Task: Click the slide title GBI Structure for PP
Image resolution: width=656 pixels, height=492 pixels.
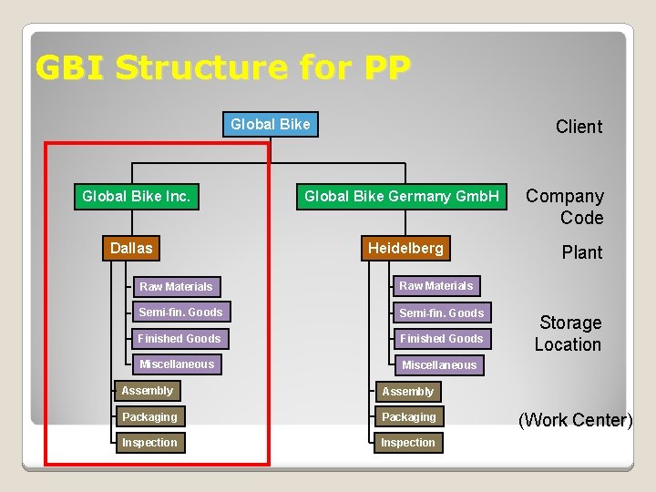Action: (222, 67)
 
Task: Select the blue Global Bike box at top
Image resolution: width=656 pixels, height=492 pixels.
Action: (271, 124)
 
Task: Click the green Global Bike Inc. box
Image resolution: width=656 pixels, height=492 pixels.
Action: (137, 196)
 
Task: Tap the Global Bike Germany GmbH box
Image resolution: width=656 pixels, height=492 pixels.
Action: (402, 196)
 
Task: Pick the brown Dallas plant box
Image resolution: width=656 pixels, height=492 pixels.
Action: (132, 248)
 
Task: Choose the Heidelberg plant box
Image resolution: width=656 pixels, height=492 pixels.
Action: (405, 248)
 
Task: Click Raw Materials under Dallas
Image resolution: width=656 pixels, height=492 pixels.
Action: (176, 286)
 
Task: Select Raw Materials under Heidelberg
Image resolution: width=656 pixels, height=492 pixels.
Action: (436, 286)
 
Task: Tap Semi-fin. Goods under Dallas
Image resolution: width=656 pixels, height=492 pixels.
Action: (180, 313)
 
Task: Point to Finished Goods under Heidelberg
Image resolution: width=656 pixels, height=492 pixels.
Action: (442, 338)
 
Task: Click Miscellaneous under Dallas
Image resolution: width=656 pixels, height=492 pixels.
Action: (177, 364)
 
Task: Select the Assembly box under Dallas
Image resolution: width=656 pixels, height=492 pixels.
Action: (147, 391)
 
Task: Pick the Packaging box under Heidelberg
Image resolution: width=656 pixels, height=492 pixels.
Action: (408, 417)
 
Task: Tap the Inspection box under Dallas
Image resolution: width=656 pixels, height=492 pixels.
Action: (149, 443)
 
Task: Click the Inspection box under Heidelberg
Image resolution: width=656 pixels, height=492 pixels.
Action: (408, 443)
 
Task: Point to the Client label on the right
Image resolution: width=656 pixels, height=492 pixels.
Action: (579, 127)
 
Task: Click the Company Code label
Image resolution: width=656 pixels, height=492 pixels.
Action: (565, 207)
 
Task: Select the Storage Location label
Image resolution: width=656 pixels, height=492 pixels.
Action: (569, 333)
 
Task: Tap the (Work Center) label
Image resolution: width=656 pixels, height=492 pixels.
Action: (575, 420)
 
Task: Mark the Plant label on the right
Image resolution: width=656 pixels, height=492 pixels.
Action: (581, 252)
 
